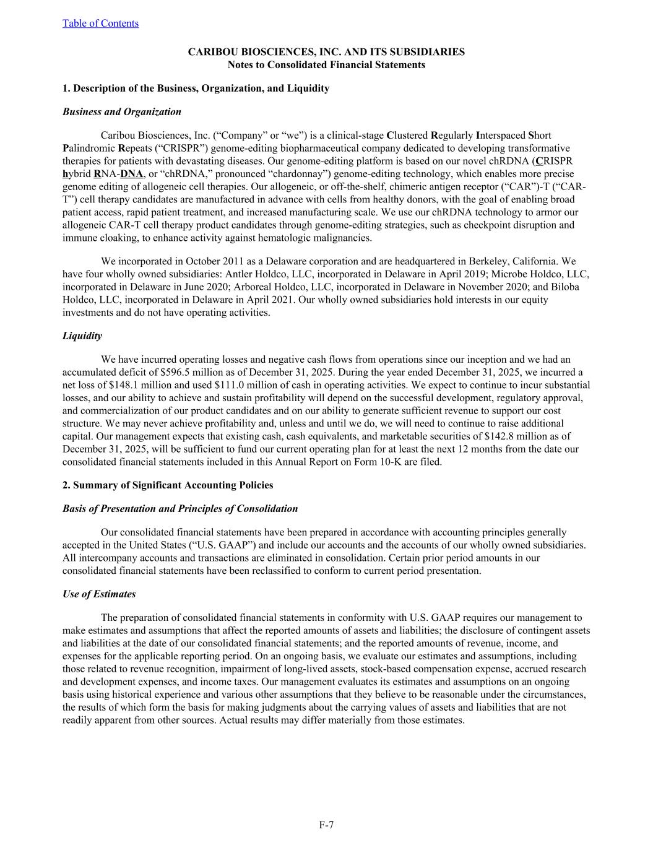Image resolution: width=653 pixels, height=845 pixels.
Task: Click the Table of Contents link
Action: click(x=100, y=24)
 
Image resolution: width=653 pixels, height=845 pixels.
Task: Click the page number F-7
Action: click(x=326, y=825)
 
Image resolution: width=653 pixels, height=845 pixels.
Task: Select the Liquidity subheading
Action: click(x=82, y=336)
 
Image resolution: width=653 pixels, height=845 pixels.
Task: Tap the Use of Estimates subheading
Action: click(x=99, y=594)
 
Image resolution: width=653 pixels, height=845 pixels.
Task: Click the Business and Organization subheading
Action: click(x=122, y=111)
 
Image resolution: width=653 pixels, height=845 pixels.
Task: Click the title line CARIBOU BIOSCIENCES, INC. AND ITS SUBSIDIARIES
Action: click(x=326, y=52)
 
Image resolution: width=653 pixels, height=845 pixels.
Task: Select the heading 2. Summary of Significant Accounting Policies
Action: click(x=168, y=485)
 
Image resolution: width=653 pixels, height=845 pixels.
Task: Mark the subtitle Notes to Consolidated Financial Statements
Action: click(x=326, y=64)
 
